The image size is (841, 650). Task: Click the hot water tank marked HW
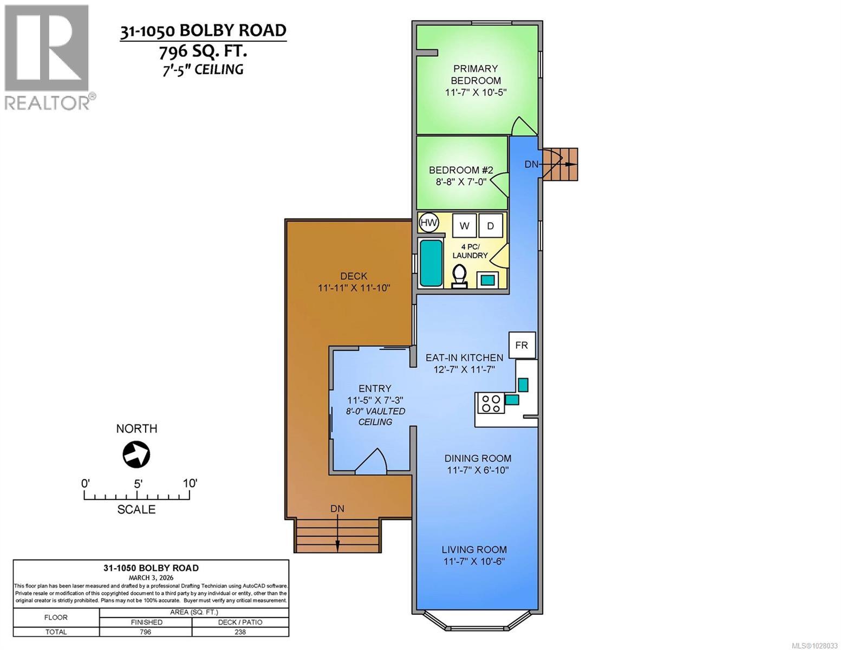[x=429, y=223]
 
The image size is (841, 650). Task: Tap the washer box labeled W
[x=464, y=226]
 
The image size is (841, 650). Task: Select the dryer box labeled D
[x=491, y=226]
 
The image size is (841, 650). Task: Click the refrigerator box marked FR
[x=522, y=345]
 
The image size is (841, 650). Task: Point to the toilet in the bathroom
[x=460, y=276]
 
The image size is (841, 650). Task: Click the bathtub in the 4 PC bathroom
[x=431, y=263]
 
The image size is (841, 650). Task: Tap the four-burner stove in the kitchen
[x=491, y=404]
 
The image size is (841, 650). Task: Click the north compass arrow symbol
[x=136, y=454]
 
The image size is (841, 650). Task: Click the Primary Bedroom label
[x=475, y=74]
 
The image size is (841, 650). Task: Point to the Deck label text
[x=354, y=276]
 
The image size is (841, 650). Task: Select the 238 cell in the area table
[x=240, y=632]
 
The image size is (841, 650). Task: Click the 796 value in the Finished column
[x=145, y=632]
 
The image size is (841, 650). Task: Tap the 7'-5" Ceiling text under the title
[x=202, y=69]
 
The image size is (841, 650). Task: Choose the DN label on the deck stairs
[x=337, y=509]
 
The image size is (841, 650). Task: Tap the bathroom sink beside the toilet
[x=488, y=279]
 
